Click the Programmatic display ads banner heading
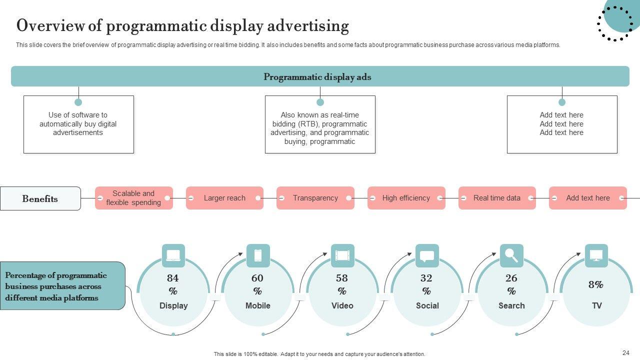[x=317, y=77]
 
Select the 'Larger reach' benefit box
[x=224, y=198]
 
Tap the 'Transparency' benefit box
[x=315, y=198]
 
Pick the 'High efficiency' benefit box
[x=406, y=198]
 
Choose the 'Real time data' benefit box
[x=497, y=198]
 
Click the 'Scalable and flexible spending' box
[x=133, y=198]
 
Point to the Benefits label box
[x=40, y=198]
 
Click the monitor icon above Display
[x=173, y=255]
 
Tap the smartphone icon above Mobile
[x=258, y=255]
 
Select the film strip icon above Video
[x=342, y=255]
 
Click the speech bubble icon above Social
[x=427, y=256]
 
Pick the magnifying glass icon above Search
[x=511, y=255]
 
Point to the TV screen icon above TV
[x=596, y=255]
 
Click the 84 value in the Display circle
[x=173, y=278]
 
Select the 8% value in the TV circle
[x=596, y=284]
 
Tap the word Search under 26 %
[x=511, y=305]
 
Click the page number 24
[x=626, y=352]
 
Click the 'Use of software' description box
[x=78, y=124]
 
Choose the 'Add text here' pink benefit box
[x=587, y=198]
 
